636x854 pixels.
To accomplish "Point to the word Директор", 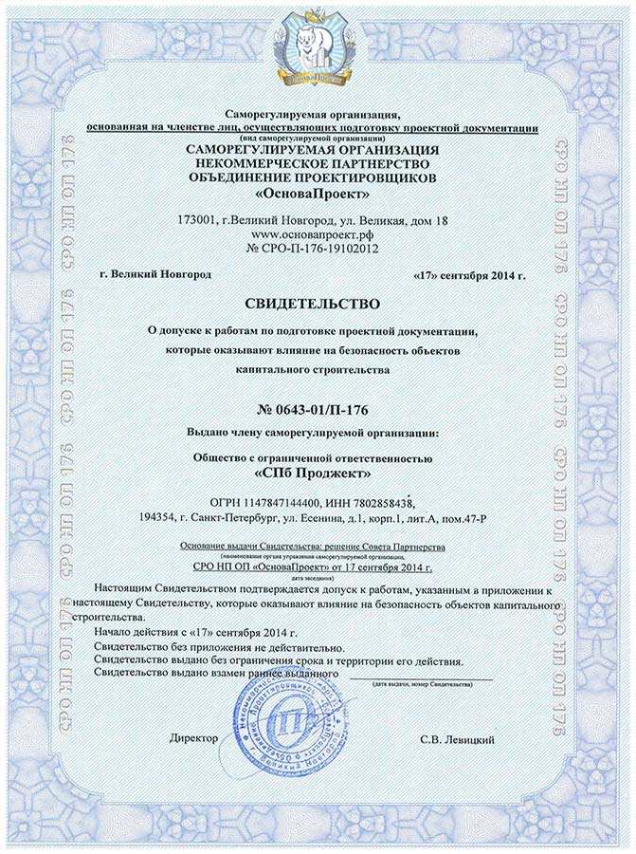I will pyautogui.click(x=194, y=737).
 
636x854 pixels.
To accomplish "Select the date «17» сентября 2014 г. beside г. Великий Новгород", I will pyautogui.click(x=469, y=274).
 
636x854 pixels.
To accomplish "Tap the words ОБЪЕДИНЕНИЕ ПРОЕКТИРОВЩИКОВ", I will pyautogui.click(x=313, y=177).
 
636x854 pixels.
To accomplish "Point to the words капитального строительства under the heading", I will pyautogui.click(x=313, y=370).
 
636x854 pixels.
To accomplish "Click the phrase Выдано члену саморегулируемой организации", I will pyautogui.click(x=313, y=434).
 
